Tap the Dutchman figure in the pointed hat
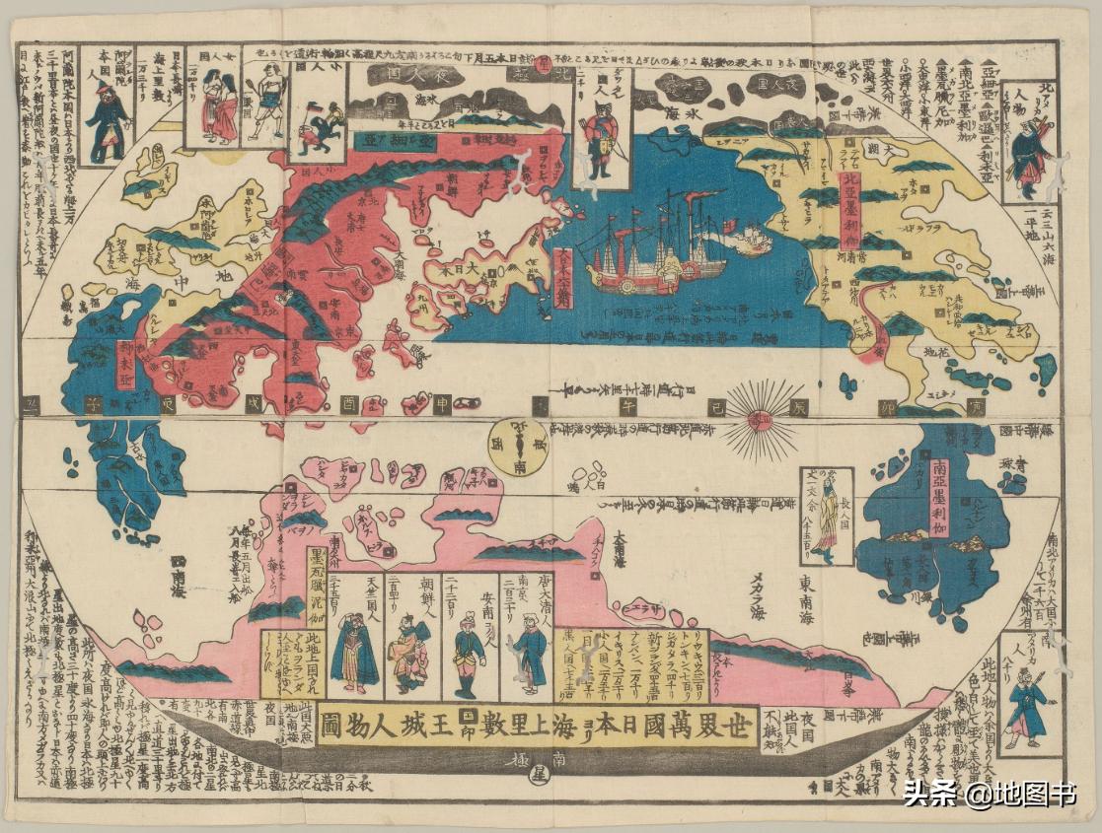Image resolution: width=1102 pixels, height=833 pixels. [x=106, y=117]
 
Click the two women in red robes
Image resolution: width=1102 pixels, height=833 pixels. [x=218, y=107]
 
